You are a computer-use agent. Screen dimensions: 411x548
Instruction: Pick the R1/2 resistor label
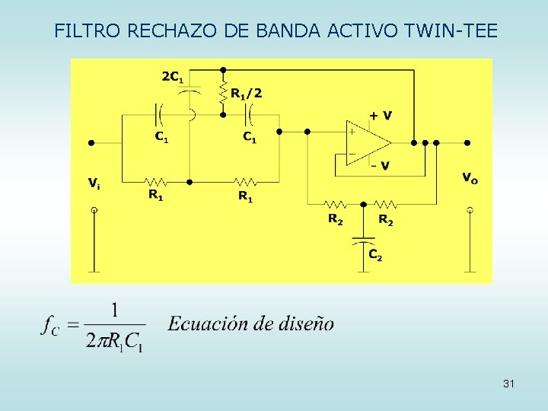(x=246, y=94)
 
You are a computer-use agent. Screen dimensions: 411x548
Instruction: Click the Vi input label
(x=93, y=183)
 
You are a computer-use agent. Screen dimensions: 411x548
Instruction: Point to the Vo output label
(x=470, y=179)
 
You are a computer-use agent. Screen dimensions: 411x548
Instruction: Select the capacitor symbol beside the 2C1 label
(x=190, y=90)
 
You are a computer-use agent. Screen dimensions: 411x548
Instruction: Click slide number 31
(x=508, y=384)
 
